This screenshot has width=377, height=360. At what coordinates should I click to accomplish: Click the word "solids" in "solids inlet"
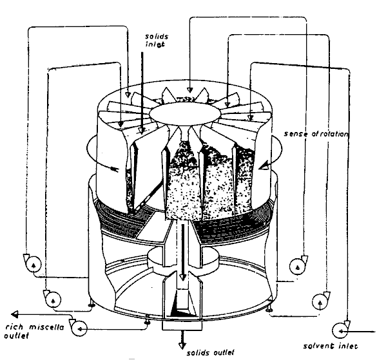click(x=157, y=37)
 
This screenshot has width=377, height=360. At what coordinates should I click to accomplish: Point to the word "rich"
click(x=14, y=327)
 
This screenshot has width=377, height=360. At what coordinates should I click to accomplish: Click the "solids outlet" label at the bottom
click(x=210, y=353)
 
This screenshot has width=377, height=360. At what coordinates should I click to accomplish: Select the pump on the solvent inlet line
click(x=340, y=330)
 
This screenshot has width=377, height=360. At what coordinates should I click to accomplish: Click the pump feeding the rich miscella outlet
click(x=79, y=328)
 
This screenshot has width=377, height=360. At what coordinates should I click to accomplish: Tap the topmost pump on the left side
click(x=33, y=264)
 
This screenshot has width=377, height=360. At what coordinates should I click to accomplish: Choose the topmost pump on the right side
click(x=298, y=266)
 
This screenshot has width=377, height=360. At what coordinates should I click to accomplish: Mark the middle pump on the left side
click(x=53, y=299)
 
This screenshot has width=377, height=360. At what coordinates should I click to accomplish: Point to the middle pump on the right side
click(x=320, y=301)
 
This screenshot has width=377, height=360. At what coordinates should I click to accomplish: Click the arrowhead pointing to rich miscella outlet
click(x=14, y=314)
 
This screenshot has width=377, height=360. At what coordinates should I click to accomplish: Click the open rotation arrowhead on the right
click(x=264, y=165)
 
